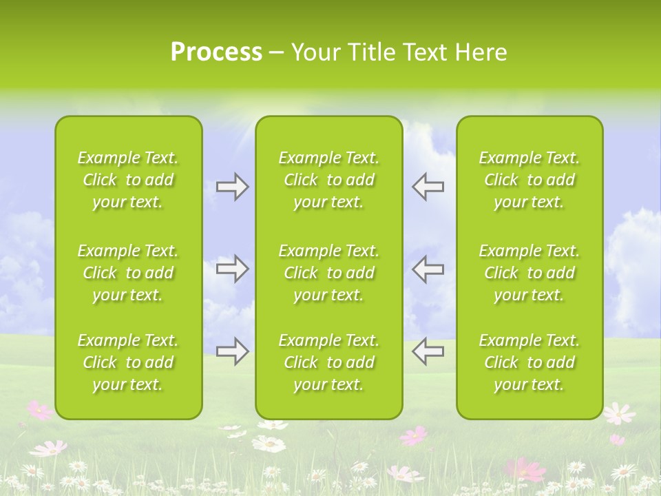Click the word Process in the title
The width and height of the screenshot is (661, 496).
point(216,52)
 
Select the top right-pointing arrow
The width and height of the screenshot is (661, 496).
point(233,187)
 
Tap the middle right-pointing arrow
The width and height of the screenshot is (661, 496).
point(233,269)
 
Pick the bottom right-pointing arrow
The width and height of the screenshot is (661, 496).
point(233,351)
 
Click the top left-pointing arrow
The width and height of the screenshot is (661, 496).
point(428,187)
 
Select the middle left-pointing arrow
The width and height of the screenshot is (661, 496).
point(428,269)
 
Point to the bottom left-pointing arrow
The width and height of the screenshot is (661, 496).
point(428,351)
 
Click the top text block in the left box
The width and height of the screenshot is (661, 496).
point(128,180)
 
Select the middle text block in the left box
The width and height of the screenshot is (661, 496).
point(128,273)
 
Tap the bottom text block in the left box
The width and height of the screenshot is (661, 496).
point(128,362)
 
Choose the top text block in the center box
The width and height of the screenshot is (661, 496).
point(329,180)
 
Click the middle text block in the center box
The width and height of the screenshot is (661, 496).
point(329,273)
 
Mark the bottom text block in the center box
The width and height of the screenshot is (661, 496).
point(329,362)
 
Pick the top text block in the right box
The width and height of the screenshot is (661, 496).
point(529,180)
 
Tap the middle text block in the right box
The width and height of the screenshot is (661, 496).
point(529,273)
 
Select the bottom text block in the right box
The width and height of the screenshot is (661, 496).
point(529,362)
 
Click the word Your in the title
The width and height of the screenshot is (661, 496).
point(315,52)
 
